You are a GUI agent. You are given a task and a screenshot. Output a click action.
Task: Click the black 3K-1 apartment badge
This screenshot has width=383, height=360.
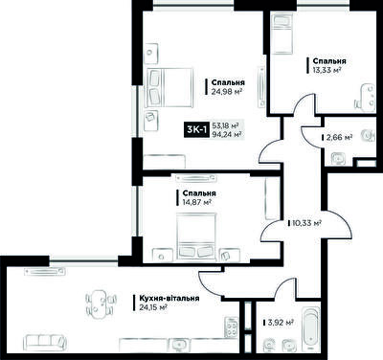pyautogui.click(x=196, y=130)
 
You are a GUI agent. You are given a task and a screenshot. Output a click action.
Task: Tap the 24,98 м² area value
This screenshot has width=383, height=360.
pyautogui.click(x=226, y=92)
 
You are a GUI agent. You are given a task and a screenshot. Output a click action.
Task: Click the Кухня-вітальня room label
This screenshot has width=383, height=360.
pyautogui.click(x=169, y=298)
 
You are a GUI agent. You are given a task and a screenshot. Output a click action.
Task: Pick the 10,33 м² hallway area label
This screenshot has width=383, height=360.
pyautogui.click(x=306, y=223)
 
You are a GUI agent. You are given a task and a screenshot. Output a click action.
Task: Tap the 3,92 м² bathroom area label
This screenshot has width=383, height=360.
pyautogui.click(x=281, y=323)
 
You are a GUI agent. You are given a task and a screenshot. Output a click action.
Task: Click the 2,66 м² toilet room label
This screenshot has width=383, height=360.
pyautogui.click(x=339, y=138)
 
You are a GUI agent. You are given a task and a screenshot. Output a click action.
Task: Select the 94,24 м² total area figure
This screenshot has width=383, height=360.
pyautogui.click(x=226, y=134)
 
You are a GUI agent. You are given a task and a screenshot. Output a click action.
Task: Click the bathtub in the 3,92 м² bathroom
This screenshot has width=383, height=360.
pyautogui.click(x=311, y=330)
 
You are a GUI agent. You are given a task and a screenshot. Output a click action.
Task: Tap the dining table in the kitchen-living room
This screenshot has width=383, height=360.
pyautogui.click(x=100, y=302)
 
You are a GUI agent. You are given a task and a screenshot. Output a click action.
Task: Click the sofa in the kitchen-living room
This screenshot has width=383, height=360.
pyautogui.click(x=45, y=343)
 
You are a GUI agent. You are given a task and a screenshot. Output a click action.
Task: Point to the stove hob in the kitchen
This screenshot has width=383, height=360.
pyautogui.click(x=231, y=326)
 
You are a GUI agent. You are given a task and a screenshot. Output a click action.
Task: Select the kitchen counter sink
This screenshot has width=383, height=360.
pyautogui.click(x=179, y=346)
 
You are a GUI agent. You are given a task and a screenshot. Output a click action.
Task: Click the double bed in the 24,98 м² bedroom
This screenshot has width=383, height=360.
pyautogui.click(x=170, y=87)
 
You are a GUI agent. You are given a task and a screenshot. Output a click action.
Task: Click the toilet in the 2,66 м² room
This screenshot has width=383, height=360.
pyautogui.click(x=370, y=135)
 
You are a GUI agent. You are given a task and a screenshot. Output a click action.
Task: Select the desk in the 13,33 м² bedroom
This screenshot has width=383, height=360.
pyautogui.click(x=368, y=97)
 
